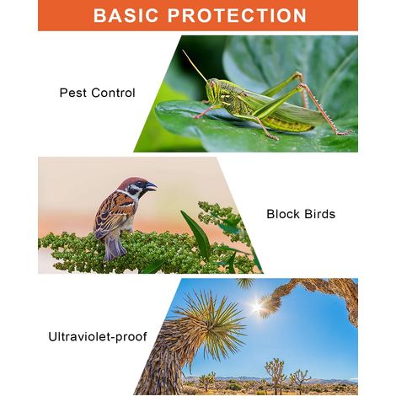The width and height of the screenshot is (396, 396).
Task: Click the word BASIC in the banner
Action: click(x=126, y=15)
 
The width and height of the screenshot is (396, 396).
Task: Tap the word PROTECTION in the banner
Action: click(x=237, y=15)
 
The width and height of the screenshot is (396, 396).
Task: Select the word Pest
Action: click(x=72, y=93)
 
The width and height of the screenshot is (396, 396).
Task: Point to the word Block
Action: click(x=283, y=214)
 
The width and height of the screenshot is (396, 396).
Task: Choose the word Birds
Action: click(x=319, y=214)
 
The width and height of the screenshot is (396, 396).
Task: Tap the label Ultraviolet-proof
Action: click(x=98, y=337)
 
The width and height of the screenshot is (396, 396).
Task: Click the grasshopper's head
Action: click(x=212, y=88)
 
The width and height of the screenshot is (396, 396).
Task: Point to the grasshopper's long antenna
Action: click(x=195, y=66)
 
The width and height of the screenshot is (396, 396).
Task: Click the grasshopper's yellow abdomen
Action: click(x=289, y=124)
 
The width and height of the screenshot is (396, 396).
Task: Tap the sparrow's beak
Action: click(x=152, y=186)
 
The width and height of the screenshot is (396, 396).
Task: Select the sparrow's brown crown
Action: click(x=132, y=181)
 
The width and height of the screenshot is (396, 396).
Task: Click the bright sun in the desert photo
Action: click(x=257, y=307)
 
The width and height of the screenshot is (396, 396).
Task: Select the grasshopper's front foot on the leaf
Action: click(x=196, y=115)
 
